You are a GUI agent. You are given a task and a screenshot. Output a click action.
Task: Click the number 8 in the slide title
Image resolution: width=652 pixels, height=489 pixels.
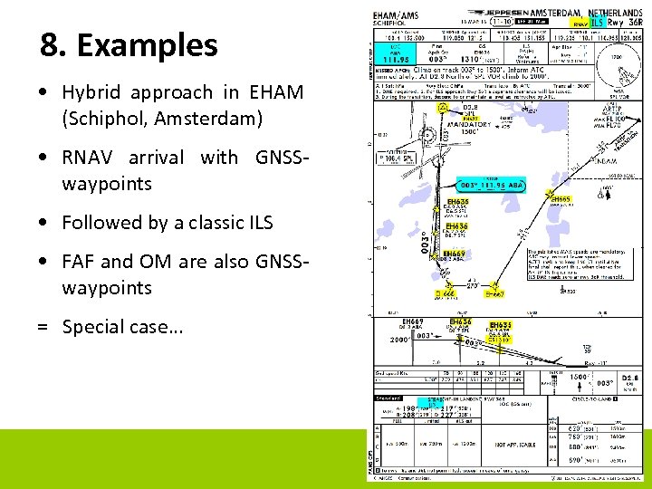coord(50,44)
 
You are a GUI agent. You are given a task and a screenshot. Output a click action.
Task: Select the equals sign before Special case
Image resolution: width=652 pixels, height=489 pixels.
coord(43,327)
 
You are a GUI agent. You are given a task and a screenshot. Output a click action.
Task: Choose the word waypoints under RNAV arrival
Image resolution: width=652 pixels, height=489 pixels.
coord(107,184)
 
